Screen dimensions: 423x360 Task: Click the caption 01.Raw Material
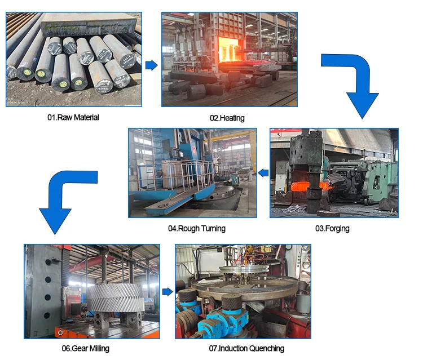click(73, 118)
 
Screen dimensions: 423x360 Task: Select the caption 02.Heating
click(227, 118)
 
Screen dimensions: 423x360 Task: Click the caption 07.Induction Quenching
click(246, 348)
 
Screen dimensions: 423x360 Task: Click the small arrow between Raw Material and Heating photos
click(151, 65)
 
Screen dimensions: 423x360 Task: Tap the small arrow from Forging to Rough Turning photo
click(263, 173)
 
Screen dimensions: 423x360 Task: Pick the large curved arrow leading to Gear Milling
click(62, 197)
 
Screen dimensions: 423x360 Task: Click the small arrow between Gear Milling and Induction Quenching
click(168, 291)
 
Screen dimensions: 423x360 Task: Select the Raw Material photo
click(74, 60)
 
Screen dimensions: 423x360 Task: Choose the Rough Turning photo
click(192, 173)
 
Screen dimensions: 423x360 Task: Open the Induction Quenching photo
click(243, 291)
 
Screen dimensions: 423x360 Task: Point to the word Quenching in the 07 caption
click(266, 348)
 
